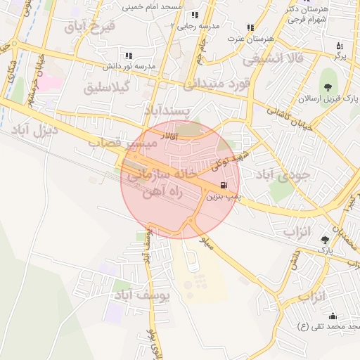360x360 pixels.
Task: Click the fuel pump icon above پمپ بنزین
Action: (x=224, y=186)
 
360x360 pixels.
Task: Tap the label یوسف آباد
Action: (x=144, y=295)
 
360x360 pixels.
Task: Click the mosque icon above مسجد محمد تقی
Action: (x=333, y=316)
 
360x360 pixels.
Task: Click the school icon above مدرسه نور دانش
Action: (x=128, y=55)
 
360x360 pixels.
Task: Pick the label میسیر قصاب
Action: (x=121, y=143)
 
